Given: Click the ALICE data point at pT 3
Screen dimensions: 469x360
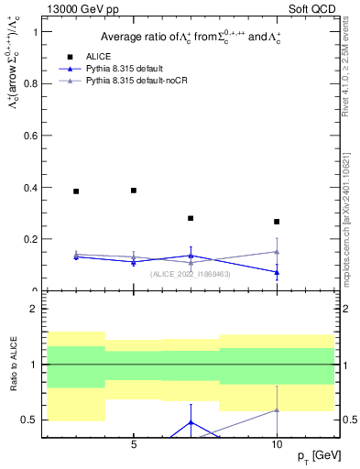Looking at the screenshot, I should point(76,191).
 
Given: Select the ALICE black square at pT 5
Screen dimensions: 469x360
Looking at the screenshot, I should point(134,191).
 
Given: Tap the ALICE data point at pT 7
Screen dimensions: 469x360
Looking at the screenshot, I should point(191,218).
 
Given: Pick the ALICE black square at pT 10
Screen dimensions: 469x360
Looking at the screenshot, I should point(277,222).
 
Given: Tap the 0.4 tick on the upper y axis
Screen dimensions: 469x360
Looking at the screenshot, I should point(36,188).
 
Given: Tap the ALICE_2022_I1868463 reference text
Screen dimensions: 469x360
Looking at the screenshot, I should point(191,274).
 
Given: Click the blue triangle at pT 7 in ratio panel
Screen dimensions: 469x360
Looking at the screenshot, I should point(191,422).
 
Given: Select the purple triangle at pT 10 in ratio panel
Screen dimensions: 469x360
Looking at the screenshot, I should point(277,410).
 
